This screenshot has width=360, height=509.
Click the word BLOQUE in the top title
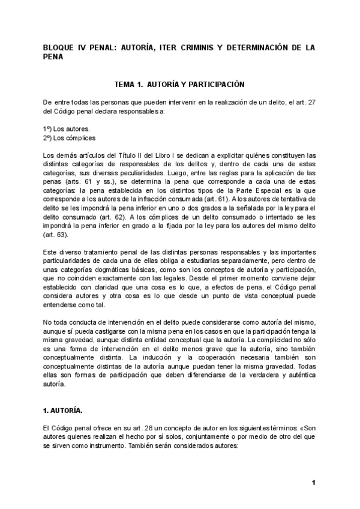click(x=59, y=47)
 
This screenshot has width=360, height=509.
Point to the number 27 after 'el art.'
click(x=311, y=103)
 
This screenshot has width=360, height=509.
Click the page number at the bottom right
click(x=313, y=483)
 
